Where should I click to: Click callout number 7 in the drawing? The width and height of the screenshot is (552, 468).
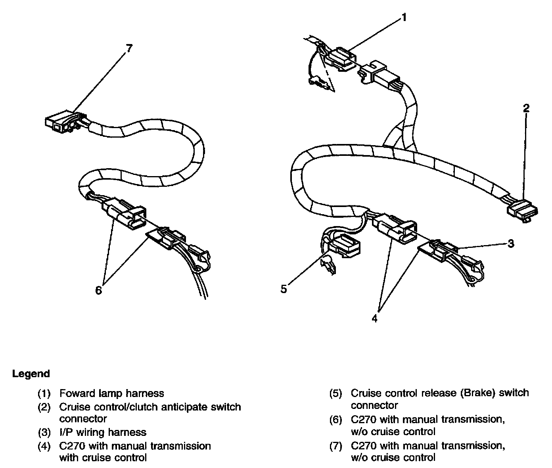click(129, 48)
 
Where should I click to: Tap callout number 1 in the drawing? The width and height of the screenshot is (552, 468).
click(403, 17)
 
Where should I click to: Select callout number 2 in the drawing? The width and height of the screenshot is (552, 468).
click(526, 108)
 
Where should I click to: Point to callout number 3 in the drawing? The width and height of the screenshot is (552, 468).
click(511, 243)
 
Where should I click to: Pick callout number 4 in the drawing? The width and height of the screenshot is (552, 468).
click(375, 318)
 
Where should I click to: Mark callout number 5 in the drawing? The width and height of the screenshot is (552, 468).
click(284, 289)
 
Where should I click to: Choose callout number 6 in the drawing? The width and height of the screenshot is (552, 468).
click(98, 290)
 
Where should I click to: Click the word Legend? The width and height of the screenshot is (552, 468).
click(31, 374)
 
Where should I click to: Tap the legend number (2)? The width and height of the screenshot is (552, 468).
click(44, 407)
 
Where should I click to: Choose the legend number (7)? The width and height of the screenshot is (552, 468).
click(336, 446)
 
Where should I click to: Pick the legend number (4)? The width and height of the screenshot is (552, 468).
click(44, 446)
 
